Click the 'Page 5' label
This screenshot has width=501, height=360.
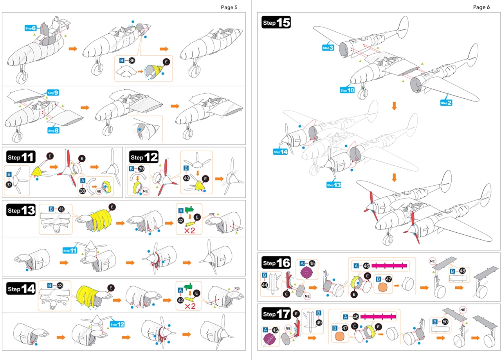pyautogui.click(x=229, y=7)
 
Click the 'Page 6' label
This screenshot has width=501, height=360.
pyautogui.click(x=481, y=7)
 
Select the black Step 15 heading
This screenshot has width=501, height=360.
pyautogui.click(x=276, y=23)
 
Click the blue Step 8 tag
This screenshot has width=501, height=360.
pyautogui.click(x=53, y=130)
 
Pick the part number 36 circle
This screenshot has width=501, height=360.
pyautogui.click(x=132, y=61)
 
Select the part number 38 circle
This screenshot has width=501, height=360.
pyautogui.click(x=83, y=192)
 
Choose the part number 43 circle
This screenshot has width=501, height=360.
pyautogui.click(x=60, y=286)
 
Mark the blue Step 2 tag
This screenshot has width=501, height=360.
pyautogui.click(x=446, y=103)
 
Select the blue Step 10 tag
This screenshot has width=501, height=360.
pyautogui.click(x=347, y=90)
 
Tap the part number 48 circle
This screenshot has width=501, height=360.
pyautogui.click(x=463, y=271)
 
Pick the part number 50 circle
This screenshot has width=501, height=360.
pyautogui.click(x=445, y=322)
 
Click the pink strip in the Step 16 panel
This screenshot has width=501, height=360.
pyautogui.click(x=389, y=266)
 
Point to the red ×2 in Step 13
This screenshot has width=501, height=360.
pyautogui.click(x=189, y=230)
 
